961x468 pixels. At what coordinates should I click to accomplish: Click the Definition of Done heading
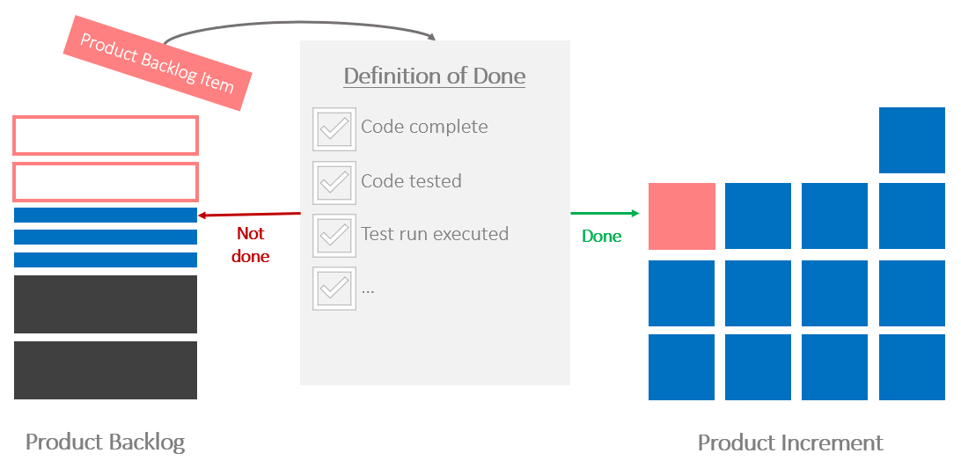point(435,76)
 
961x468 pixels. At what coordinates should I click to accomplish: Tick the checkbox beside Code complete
point(334,129)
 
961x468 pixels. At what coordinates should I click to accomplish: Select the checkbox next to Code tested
point(334,183)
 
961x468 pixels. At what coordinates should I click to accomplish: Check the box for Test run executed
point(334,236)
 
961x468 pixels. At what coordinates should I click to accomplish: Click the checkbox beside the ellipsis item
point(334,289)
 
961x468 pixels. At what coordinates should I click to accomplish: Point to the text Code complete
point(424,127)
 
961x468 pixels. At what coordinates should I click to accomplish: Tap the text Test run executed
point(435,234)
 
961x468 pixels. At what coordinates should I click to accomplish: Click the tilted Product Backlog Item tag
point(158,63)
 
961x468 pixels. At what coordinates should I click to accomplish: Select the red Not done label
point(251,245)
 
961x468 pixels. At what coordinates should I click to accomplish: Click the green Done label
point(602,236)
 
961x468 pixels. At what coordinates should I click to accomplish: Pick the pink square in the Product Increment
point(682,216)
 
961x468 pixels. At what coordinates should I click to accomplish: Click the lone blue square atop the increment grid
point(912,140)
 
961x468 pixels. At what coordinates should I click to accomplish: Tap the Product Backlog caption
point(106,442)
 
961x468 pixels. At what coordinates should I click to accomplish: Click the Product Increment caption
point(790,442)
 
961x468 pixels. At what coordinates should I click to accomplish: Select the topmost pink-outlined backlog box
point(106,135)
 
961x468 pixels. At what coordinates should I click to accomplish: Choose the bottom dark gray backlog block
point(106,370)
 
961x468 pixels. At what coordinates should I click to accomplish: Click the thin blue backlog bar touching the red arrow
point(106,215)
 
